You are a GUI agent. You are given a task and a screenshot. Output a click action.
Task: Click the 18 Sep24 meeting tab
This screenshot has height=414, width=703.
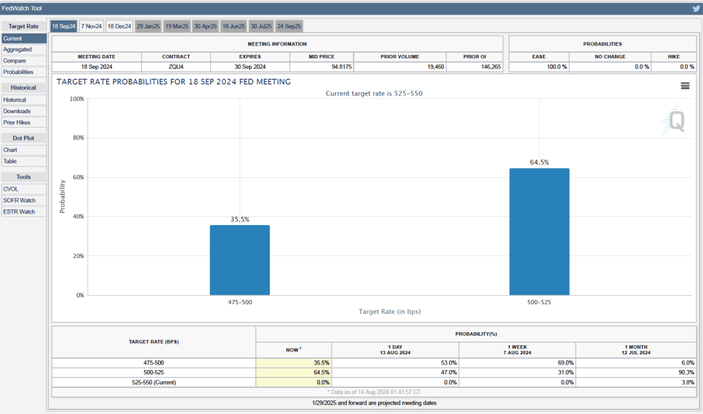(x=64, y=26)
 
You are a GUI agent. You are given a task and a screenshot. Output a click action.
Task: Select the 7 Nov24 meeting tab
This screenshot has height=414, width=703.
(x=91, y=26)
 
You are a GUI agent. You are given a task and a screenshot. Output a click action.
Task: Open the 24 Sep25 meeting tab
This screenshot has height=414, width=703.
(x=289, y=26)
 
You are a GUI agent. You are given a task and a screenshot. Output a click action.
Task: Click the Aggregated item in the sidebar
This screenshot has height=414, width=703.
(x=17, y=49)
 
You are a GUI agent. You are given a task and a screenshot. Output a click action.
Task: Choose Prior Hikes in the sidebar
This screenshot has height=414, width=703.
(x=17, y=122)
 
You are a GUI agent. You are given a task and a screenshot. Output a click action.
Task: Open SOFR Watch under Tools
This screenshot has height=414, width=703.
(x=19, y=200)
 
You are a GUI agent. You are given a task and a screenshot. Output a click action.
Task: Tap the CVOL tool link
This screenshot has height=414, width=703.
(x=12, y=189)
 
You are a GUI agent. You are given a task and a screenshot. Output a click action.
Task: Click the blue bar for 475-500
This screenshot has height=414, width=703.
(x=240, y=260)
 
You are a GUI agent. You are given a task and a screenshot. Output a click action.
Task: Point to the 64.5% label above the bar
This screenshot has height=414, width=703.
(x=539, y=163)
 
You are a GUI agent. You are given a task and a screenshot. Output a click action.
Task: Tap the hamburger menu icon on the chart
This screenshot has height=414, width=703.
(x=684, y=85)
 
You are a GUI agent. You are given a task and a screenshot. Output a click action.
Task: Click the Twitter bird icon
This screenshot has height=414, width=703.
(x=695, y=8)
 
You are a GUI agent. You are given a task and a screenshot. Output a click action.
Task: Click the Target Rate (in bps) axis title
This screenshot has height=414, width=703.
(x=389, y=311)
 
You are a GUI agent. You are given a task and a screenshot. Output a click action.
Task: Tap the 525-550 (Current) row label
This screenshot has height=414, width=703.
(x=153, y=382)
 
